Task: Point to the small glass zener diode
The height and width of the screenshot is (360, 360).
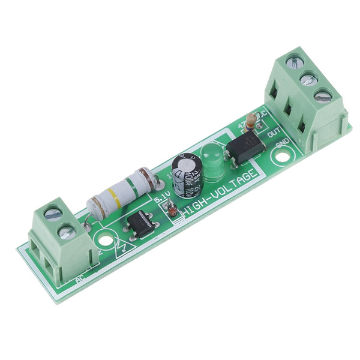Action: click(x=172, y=211)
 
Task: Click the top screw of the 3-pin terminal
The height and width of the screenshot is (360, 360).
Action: click(x=293, y=62)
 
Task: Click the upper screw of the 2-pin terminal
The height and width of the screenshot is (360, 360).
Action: click(x=53, y=213)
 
